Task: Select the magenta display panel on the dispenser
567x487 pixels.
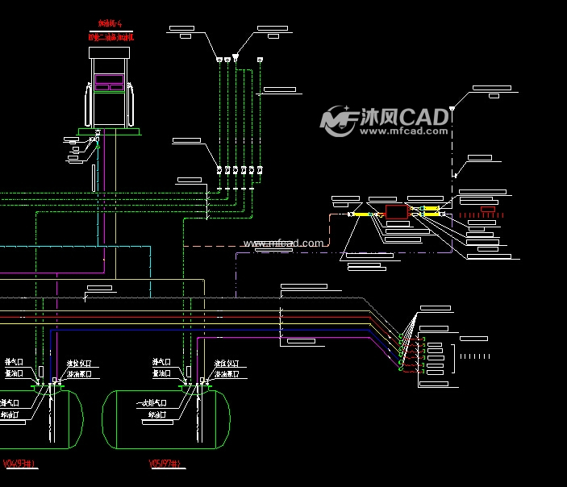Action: (x=109, y=81)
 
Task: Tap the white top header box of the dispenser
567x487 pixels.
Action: (x=109, y=53)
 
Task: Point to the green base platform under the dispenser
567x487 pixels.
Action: (x=109, y=131)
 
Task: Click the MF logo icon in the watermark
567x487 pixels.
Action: (x=339, y=119)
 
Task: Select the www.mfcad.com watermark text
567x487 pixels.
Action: (x=283, y=243)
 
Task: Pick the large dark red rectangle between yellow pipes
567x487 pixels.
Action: (x=396, y=212)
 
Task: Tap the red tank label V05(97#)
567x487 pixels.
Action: (x=167, y=464)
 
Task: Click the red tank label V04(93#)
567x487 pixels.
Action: (x=18, y=464)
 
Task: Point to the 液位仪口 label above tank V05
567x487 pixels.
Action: (x=227, y=364)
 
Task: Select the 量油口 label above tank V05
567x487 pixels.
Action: (x=161, y=373)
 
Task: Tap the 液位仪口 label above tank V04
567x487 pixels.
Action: (x=78, y=364)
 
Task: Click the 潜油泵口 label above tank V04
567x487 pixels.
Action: (x=79, y=375)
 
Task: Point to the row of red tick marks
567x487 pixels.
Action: (x=482, y=216)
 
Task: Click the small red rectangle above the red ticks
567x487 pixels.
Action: (x=488, y=209)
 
